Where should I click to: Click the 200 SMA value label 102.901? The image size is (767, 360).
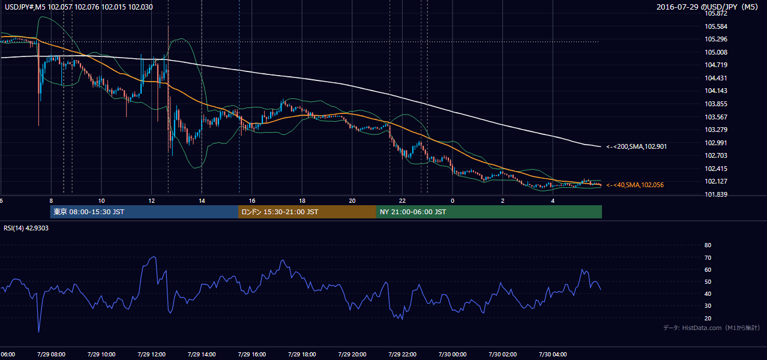click(x=637, y=146)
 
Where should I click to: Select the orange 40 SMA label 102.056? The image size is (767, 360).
click(x=635, y=185)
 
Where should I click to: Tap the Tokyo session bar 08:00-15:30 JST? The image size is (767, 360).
click(x=144, y=212)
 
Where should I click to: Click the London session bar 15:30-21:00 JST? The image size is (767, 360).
click(x=307, y=212)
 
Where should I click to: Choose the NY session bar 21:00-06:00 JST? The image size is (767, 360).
click(x=489, y=212)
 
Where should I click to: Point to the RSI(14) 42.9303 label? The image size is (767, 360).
click(x=26, y=228)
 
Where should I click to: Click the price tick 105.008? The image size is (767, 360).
click(x=715, y=52)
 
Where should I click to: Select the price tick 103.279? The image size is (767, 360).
click(x=715, y=130)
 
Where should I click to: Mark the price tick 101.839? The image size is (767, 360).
click(x=715, y=194)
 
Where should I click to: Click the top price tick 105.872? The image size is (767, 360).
click(x=715, y=14)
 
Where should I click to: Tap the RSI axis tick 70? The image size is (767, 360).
click(x=708, y=257)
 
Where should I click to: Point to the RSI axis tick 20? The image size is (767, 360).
click(x=708, y=318)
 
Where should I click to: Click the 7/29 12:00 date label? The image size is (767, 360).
click(x=151, y=355)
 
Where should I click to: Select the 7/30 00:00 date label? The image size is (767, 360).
click(x=453, y=355)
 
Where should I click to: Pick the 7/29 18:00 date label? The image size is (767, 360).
click(x=302, y=355)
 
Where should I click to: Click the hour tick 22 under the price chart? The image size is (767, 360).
click(x=402, y=201)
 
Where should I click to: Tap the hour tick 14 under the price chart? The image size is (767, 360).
click(x=202, y=201)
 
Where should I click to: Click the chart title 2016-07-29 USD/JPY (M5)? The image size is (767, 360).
click(x=707, y=7)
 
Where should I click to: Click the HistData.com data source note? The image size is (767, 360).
click(x=712, y=328)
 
